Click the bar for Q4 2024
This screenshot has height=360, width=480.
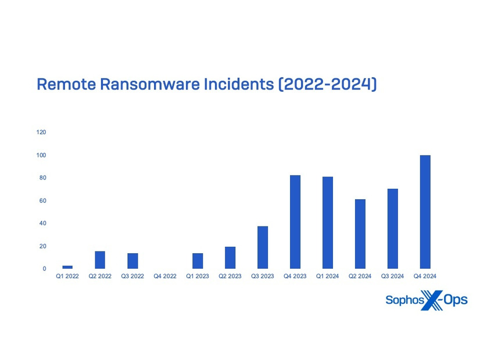coord(425,212)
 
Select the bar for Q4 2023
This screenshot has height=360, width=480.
coord(295,222)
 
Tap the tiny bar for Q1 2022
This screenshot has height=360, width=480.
coord(67,267)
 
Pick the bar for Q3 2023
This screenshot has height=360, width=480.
coord(263,247)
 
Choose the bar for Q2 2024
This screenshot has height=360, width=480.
coord(360,234)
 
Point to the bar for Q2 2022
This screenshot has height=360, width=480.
coord(100,260)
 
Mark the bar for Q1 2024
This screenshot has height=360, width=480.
coord(328,222)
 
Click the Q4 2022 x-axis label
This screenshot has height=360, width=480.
coord(165,276)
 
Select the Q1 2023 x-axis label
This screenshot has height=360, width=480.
coord(198,276)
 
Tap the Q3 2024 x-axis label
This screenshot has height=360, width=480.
coord(392,276)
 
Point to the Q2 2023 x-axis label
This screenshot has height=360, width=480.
coord(230,276)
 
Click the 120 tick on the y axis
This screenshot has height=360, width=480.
coord(41,132)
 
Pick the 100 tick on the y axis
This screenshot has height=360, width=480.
coord(41,155)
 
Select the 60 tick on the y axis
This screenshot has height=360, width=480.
coord(43,201)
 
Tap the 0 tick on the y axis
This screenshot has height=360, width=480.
coord(44,268)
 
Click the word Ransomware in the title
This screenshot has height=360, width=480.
coord(150,84)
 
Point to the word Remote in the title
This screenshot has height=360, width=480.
coord(66,84)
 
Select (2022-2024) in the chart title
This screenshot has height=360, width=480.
coord(328,84)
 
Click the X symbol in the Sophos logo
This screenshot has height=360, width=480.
coord(432,300)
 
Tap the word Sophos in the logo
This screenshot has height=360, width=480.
coord(404,300)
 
